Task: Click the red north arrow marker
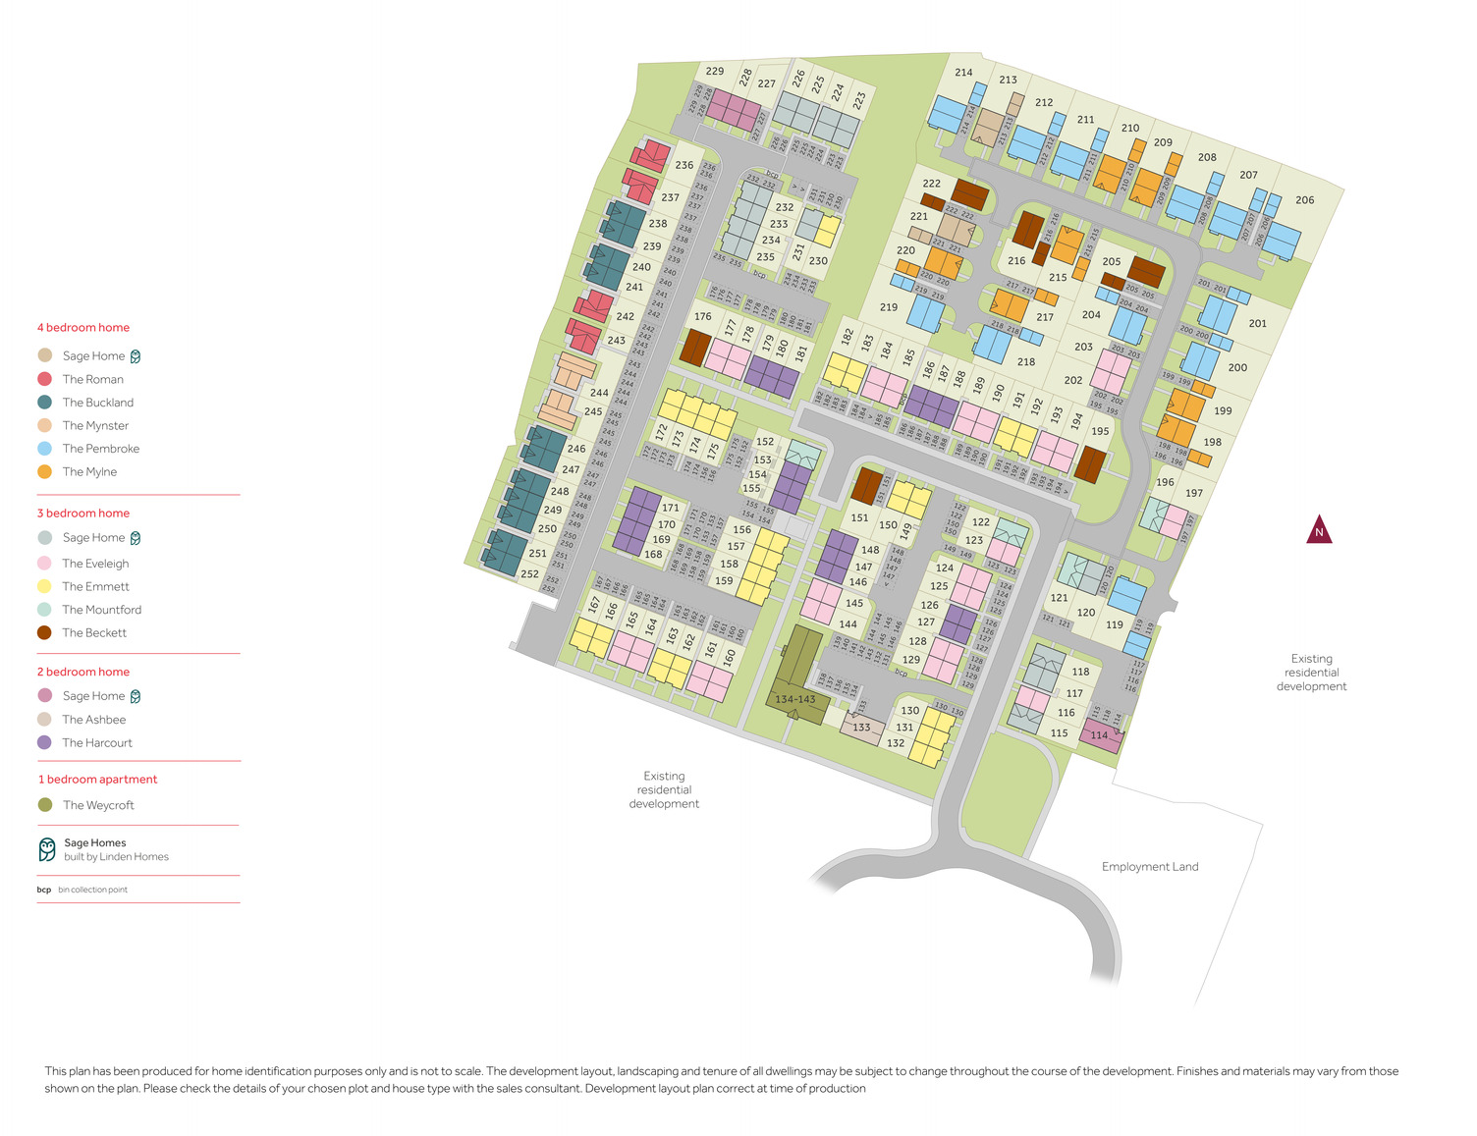pos(1319,530)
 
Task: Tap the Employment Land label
pos(1149,866)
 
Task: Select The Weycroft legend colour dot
pos(45,805)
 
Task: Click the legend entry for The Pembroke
pos(100,449)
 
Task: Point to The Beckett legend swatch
pos(44,633)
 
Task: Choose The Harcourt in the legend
pos(96,743)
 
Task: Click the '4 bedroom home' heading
pos(83,328)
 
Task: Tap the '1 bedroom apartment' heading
pos(97,780)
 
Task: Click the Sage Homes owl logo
pos(47,849)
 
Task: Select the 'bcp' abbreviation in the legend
pos(44,890)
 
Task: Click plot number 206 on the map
pos(1304,200)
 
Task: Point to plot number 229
pos(715,72)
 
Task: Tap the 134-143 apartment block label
pos(794,700)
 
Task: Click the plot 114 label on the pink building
pos(1099,735)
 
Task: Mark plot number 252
pos(529,574)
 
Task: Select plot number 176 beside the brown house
pos(702,317)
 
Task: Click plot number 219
pos(889,307)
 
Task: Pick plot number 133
pos(861,728)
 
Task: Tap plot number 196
pos(1165,482)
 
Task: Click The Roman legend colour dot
pos(44,379)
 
